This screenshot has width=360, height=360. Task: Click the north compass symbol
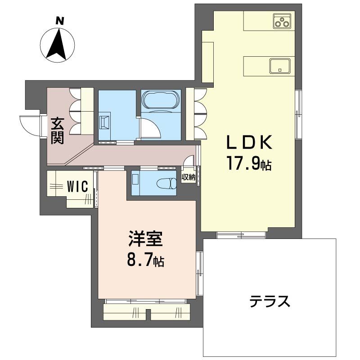point(58,45)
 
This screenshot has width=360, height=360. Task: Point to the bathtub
point(161,100)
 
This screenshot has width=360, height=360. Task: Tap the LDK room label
point(248,143)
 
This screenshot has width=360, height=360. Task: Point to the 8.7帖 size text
point(145,260)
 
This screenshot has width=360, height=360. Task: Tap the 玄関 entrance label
point(57,130)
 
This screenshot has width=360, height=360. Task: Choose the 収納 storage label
point(189,177)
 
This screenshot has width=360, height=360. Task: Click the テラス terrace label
point(270,300)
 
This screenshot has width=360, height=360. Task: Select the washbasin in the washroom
point(104,122)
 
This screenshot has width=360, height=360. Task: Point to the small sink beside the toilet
point(135,180)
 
